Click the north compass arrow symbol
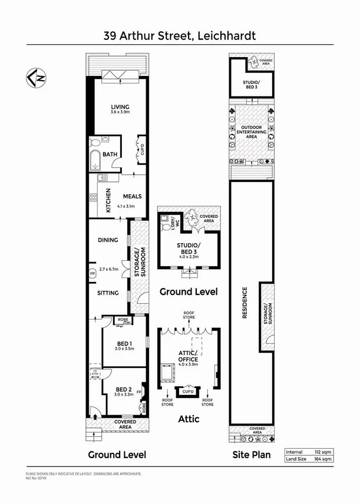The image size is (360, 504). click(x=37, y=77)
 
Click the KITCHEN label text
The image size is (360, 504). click(x=108, y=200)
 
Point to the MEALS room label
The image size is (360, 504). click(x=132, y=197)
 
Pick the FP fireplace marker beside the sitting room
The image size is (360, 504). click(x=92, y=273)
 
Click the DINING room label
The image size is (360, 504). click(x=110, y=240)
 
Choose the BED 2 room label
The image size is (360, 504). click(x=123, y=390)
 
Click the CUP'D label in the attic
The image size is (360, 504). click(x=188, y=392)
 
